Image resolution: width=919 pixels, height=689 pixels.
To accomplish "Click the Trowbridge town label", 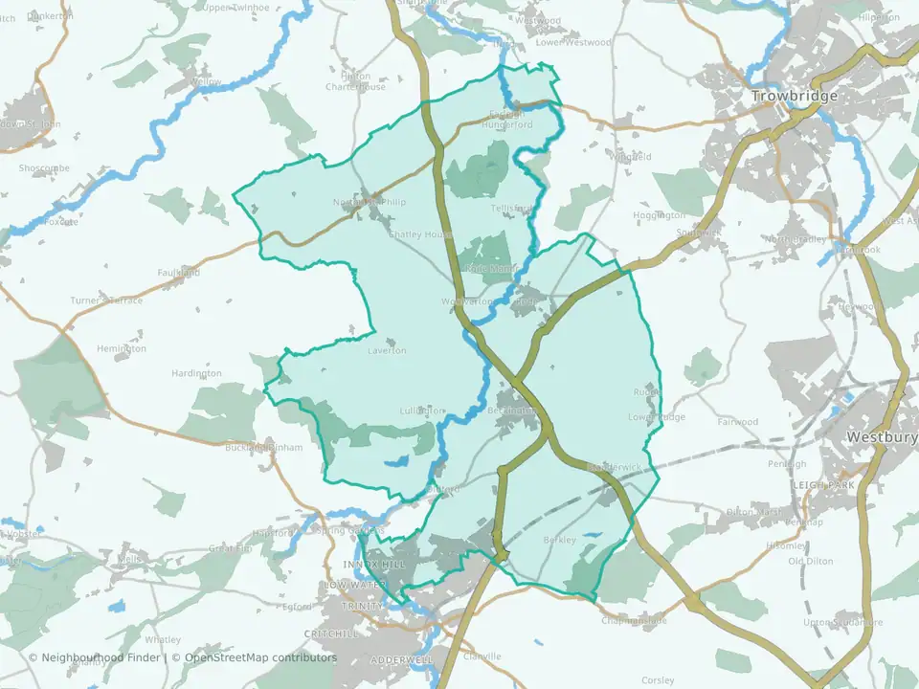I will pos(795,97).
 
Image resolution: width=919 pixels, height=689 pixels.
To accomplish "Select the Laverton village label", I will pos(388,351).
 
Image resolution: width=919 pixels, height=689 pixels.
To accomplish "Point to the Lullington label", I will pos(422,411).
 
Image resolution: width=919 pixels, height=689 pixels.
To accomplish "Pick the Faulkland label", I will pos(178,273).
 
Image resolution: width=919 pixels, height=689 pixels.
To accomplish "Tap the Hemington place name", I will pos(122,349).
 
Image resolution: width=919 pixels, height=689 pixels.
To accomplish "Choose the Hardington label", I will pos(196,373).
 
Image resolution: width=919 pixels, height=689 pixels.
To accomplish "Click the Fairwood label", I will pos(738,422).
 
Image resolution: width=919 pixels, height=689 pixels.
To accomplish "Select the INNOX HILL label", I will pos(374,566).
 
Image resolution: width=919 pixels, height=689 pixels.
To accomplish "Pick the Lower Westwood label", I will pos(573,43).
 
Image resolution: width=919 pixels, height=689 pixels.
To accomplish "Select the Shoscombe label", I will pos(44,167).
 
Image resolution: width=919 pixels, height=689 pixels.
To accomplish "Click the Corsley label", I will pos(658,680).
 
